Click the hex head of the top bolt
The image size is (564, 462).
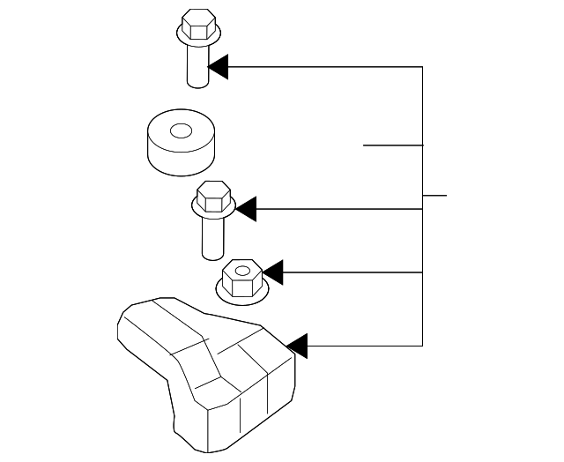click(x=197, y=22)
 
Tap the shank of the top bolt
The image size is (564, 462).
click(x=197, y=66)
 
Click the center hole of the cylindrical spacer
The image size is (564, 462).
click(x=181, y=131)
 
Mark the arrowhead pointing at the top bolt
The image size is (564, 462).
click(x=218, y=66)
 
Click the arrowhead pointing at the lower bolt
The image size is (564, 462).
click(x=245, y=209)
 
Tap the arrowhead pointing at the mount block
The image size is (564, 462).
click(x=297, y=346)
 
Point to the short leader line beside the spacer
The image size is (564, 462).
click(x=393, y=145)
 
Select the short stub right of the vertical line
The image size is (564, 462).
click(x=435, y=194)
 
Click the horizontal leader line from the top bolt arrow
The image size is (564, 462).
click(x=326, y=66)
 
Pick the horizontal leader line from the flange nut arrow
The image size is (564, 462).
click(x=352, y=272)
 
